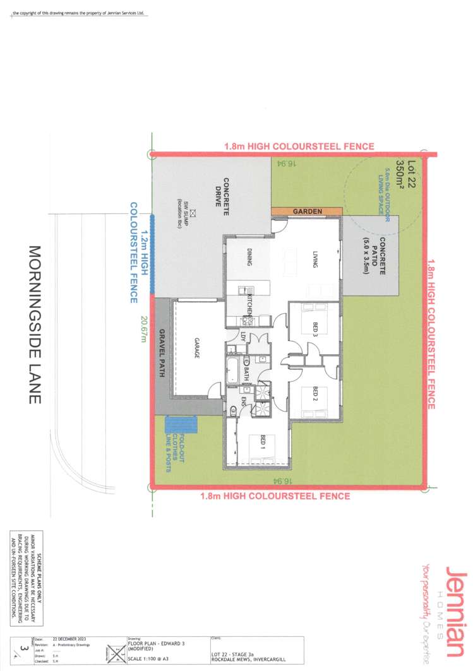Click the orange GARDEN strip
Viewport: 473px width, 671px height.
click(307, 211)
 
